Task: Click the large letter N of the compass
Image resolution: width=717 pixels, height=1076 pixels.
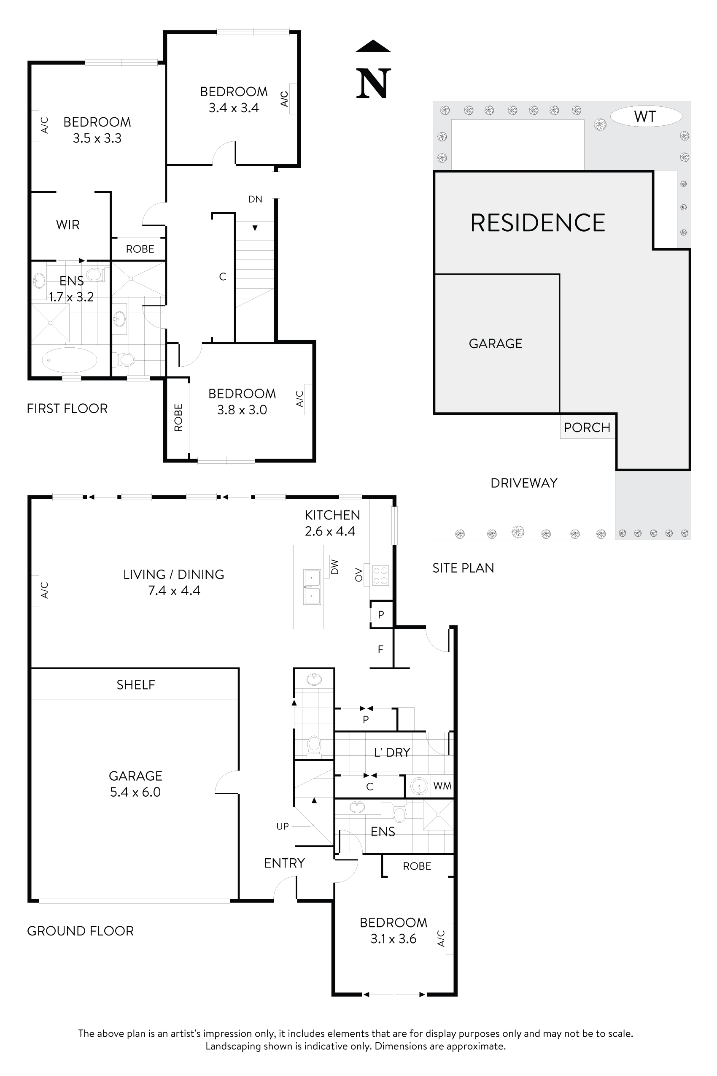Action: click(x=373, y=83)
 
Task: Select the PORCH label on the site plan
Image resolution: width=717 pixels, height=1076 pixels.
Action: click(x=587, y=427)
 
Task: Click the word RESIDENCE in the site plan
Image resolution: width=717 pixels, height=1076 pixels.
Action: click(x=538, y=223)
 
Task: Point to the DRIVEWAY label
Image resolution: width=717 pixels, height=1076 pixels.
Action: click(x=523, y=483)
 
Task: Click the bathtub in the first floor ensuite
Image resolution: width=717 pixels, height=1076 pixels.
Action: click(x=70, y=360)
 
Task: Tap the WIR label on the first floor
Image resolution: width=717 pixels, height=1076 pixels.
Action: click(x=67, y=224)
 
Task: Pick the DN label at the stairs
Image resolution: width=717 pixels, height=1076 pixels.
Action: click(x=255, y=199)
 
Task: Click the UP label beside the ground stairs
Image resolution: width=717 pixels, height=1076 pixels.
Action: click(x=283, y=826)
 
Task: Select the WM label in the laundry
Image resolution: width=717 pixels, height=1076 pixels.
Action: click(x=442, y=786)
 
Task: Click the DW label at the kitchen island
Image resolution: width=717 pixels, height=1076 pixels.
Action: click(x=335, y=567)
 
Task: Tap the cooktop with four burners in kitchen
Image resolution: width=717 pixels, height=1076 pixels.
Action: click(x=380, y=576)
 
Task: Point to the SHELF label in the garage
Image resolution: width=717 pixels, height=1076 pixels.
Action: click(x=136, y=685)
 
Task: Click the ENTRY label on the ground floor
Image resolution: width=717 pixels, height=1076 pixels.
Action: click(x=284, y=863)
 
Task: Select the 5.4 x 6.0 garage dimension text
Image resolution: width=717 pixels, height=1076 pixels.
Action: click(x=135, y=792)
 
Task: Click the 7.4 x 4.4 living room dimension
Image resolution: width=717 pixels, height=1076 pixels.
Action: click(x=174, y=591)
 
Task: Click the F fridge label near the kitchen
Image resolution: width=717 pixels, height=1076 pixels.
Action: click(x=380, y=649)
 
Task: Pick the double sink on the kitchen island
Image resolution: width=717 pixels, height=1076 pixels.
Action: click(x=312, y=587)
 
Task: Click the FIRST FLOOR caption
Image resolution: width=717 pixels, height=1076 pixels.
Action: click(x=67, y=408)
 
